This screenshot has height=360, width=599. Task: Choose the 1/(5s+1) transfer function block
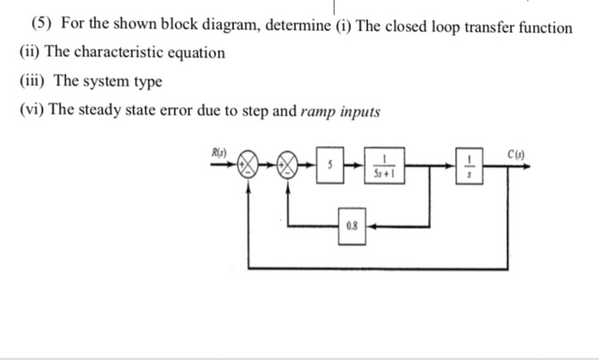(x=386, y=167)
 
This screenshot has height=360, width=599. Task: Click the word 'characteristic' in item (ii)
(x=113, y=53)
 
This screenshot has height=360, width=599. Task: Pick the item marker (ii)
(x=29, y=53)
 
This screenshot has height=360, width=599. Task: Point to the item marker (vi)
(x=32, y=112)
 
